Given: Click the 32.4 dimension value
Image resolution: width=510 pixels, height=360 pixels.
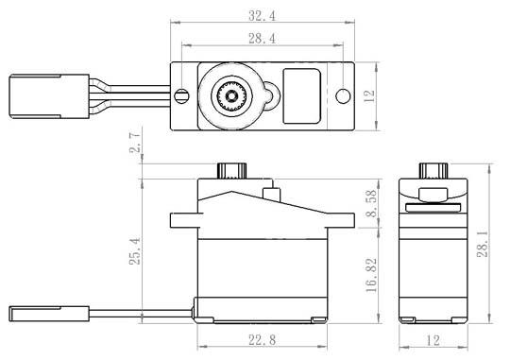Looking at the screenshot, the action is point(263,15).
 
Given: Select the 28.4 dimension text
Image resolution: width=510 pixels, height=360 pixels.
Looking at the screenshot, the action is point(263,39).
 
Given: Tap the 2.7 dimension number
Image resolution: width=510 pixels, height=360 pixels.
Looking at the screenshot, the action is point(135,143).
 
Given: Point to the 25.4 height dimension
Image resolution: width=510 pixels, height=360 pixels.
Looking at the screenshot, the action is point(135,251).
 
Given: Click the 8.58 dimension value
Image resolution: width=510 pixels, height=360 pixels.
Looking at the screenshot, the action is point(371,203).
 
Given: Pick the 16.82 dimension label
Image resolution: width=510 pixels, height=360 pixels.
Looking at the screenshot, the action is point(371,275).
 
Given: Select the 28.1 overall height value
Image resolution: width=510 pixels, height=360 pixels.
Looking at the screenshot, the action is point(483,244).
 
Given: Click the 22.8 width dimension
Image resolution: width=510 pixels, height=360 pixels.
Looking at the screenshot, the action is point(263,340).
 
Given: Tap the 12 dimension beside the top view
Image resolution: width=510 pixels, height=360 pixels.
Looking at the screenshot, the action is point(369,96).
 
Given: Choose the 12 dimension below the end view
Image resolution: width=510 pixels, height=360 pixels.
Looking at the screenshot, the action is point(433,340).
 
